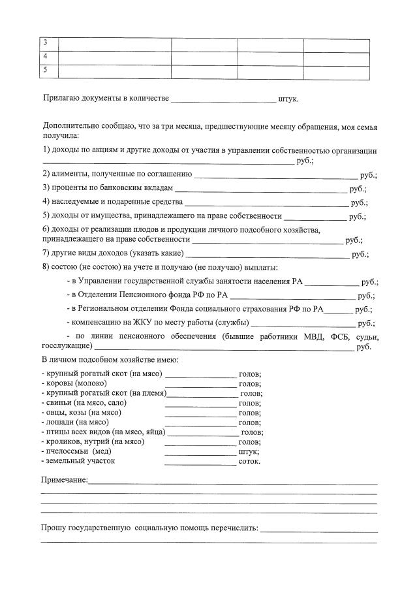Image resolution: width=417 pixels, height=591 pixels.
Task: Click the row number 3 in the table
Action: (45, 43)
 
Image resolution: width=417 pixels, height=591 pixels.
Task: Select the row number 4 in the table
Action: (45, 56)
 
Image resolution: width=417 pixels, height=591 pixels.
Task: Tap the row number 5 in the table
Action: (45, 69)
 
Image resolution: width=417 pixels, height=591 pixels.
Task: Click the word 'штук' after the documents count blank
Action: (287, 99)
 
